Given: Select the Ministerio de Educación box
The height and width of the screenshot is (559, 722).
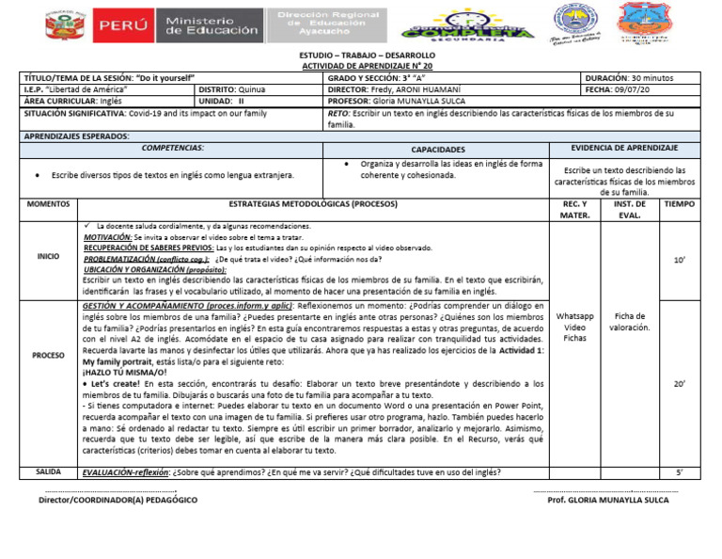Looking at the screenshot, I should point(212,25).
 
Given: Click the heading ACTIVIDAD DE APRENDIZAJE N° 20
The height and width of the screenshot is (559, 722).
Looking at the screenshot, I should point(361,66).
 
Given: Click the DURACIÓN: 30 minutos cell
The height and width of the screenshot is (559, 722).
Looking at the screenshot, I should point(642,77).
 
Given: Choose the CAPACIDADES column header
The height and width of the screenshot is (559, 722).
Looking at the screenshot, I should point(438,150).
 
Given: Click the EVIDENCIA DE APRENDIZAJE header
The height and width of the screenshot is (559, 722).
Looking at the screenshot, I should point(624,149).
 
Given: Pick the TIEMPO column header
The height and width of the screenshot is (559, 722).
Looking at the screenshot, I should point(680,203).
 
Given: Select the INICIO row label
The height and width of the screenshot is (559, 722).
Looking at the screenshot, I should point(48,256).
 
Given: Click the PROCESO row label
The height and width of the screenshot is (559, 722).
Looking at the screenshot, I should point(48,356).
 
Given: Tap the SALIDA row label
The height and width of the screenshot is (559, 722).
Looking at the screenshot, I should point(48,471).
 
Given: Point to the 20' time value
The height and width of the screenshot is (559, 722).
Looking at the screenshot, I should point(680,384).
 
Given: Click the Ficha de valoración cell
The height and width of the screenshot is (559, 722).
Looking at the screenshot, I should point(631,322).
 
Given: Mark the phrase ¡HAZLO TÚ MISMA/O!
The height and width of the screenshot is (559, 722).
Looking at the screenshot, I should point(124,373).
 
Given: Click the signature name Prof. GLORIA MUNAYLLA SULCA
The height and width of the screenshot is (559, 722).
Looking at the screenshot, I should point(607,500).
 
